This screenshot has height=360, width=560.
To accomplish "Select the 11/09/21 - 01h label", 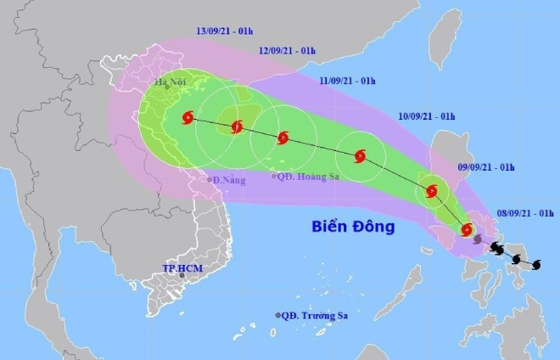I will click(x=348, y=81).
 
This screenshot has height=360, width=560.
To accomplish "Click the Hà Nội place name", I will click(x=171, y=82).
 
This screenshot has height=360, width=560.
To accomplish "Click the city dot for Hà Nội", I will click(x=167, y=89).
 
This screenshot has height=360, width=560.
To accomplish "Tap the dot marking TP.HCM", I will click(x=182, y=276).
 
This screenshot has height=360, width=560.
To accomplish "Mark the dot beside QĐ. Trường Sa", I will click(x=277, y=315).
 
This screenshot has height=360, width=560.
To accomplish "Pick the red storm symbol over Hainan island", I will click(x=237, y=127).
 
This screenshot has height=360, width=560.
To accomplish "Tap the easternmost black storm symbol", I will click(x=535, y=265).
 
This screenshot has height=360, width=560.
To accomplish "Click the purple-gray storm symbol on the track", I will click(x=479, y=240).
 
